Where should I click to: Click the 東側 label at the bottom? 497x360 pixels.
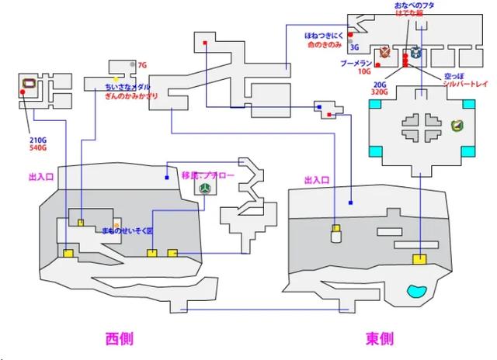click(x=379, y=339)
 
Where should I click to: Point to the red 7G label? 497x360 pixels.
click(x=142, y=65)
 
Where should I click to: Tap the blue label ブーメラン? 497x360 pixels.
click(x=356, y=63)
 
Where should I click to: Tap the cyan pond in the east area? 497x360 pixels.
click(x=416, y=292)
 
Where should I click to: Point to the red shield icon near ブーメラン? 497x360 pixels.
click(x=384, y=53)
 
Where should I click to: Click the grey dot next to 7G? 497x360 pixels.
click(x=134, y=64)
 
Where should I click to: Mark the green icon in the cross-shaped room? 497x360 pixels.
click(x=457, y=123)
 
